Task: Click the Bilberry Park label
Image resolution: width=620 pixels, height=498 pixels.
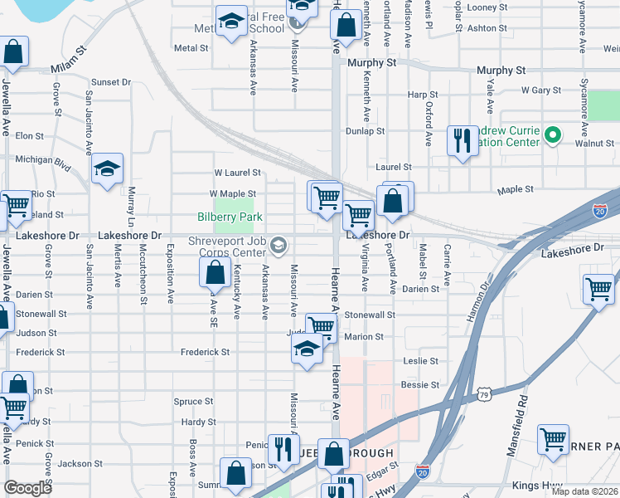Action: (230, 217)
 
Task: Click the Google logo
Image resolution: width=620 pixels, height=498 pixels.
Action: (28, 488)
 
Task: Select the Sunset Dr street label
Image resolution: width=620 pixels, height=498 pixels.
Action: (111, 82)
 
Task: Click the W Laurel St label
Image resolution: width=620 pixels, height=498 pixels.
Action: (237, 173)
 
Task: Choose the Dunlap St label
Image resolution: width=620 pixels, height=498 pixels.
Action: (366, 130)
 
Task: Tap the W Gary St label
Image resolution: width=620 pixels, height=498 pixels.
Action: (541, 90)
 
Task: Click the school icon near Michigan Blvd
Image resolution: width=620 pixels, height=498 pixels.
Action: (107, 169)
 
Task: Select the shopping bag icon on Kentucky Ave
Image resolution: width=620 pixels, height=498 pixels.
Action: (215, 271)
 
